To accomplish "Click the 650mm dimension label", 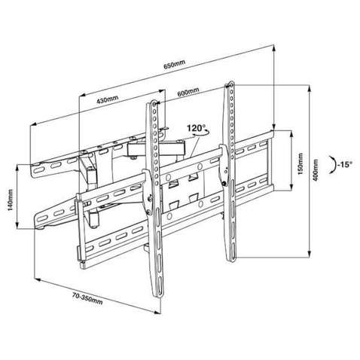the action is pos(175,64).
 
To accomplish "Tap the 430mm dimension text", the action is pos(108,99).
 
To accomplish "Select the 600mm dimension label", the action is pos(188,92).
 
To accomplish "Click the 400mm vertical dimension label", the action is pos(316,169).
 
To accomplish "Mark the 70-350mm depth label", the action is pos(87,299).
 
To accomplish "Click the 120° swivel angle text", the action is pos(196,128).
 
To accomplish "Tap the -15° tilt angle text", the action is pos(345,165).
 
